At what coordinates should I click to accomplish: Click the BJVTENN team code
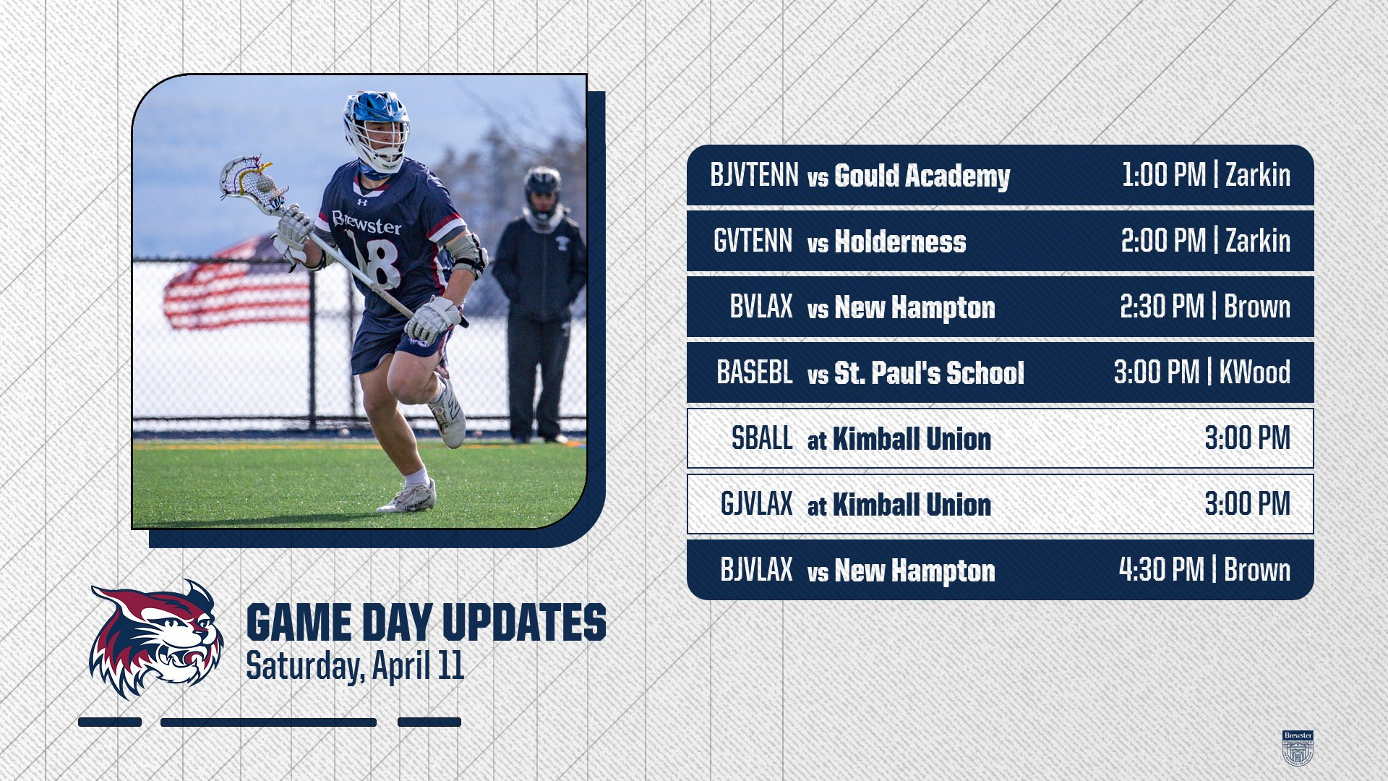click(754, 175)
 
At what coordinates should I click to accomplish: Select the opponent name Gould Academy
click(922, 176)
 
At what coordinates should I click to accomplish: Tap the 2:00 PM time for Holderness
click(1164, 241)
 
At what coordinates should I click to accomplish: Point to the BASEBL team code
click(755, 372)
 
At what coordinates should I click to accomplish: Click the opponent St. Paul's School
click(929, 373)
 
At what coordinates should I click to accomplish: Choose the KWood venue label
click(1255, 372)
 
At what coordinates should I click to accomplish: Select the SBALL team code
click(762, 438)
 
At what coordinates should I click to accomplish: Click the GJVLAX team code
click(757, 504)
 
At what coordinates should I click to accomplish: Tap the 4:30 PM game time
click(1162, 570)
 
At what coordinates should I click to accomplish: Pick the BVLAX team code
click(761, 307)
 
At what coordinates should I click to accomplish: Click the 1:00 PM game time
click(1164, 175)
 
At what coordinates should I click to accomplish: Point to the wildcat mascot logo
click(156, 639)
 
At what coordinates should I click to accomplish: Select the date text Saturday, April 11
click(355, 666)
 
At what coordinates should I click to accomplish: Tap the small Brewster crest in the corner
click(1298, 748)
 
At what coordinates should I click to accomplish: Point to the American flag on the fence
click(237, 284)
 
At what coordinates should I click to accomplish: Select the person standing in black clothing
click(540, 304)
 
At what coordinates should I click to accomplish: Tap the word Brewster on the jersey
click(367, 223)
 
